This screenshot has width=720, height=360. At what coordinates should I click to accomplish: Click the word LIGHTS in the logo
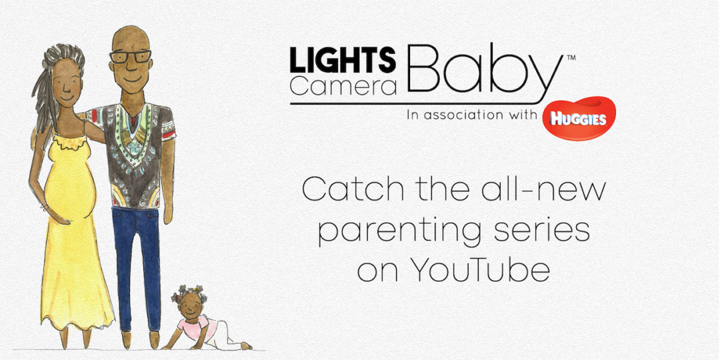pos(343,59)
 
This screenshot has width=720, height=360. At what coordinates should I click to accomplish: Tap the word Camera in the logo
pos(343,85)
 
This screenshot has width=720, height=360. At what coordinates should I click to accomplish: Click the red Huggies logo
pos(579,119)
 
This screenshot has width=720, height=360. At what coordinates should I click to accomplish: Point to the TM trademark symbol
pos(571,58)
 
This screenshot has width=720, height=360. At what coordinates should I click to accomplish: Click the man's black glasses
pos(130,57)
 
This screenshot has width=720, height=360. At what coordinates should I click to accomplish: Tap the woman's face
pos(67,83)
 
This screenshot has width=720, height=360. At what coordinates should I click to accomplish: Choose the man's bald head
pos(131,37)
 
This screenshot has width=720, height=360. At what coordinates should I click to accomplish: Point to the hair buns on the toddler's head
pos(189,291)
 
